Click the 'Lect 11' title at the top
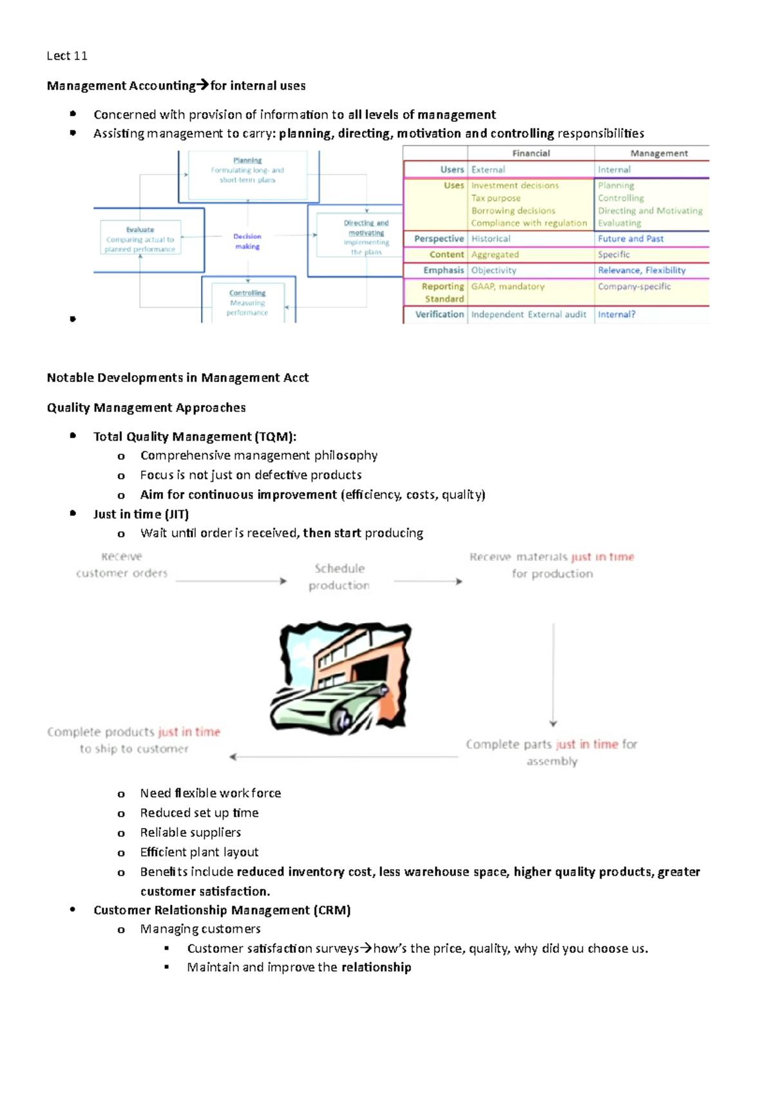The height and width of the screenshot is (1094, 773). tap(67, 56)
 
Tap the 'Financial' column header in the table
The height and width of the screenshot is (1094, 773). tap(531, 153)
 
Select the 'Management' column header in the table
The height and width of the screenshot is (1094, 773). tap(658, 153)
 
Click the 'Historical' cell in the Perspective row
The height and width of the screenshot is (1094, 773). tap(491, 238)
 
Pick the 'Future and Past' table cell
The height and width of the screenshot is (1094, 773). tap(630, 238)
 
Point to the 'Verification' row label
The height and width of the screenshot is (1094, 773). tap(439, 314)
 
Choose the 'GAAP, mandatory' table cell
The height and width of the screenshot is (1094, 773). tap(508, 286)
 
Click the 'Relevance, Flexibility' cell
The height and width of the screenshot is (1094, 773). tap(641, 271)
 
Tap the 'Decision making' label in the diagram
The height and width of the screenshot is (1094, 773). tap(247, 241)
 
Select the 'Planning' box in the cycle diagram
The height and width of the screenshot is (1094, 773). tap(247, 170)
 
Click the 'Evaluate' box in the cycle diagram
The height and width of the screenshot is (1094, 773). tap(140, 239)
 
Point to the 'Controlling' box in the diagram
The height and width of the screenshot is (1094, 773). tap(247, 302)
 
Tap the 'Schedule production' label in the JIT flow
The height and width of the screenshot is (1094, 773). tap(339, 577)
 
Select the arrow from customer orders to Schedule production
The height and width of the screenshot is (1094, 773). tap(231, 581)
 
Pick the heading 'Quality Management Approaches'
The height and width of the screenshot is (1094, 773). tap(146, 408)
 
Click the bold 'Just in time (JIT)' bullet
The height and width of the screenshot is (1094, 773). tap(140, 514)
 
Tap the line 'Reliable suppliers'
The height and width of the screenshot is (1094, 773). tap(190, 832)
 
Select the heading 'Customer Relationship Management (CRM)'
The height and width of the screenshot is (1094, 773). tap(222, 910)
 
